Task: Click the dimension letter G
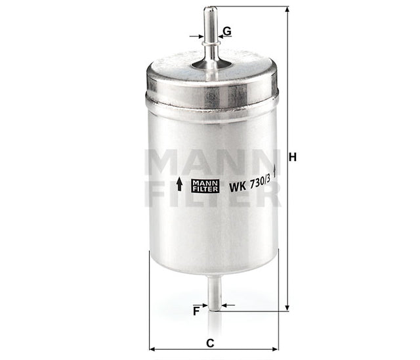pyautogui.click(x=226, y=31)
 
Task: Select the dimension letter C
pyautogui.click(x=209, y=342)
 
